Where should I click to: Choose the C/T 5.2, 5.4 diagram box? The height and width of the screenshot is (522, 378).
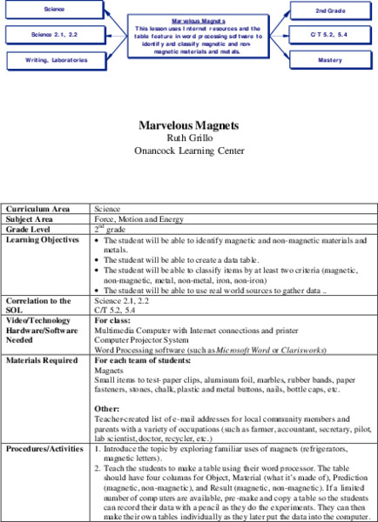click(330, 35)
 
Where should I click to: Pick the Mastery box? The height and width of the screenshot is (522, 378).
click(330, 60)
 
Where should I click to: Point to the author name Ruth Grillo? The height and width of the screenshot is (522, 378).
click(189, 138)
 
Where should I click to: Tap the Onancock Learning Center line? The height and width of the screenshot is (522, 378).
click(189, 150)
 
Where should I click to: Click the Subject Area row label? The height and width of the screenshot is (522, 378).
click(30, 219)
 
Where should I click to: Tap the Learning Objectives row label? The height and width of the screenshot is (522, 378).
click(42, 238)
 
